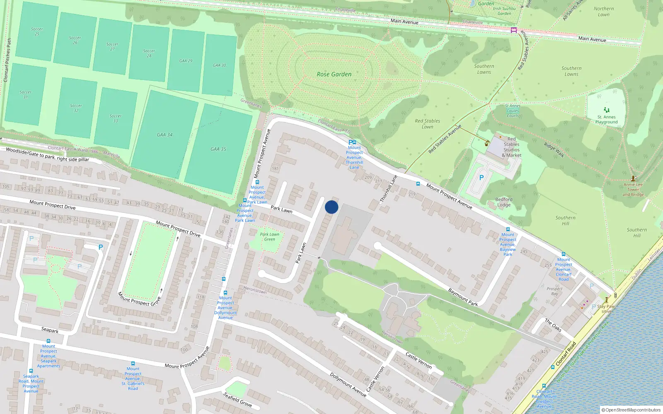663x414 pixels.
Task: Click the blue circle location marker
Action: (331, 207)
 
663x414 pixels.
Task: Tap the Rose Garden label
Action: (334, 75)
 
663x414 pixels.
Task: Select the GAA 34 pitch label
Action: (165, 135)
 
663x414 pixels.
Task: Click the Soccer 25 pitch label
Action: (37, 31)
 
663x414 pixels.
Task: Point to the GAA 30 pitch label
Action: (219, 65)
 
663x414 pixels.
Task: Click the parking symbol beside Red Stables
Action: (481, 178)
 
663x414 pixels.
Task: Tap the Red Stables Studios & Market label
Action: (511, 147)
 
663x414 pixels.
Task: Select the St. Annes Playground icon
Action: (607, 110)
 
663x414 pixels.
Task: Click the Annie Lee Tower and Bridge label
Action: (633, 190)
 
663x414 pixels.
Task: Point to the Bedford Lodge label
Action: (504, 202)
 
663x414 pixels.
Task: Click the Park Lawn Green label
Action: (269, 237)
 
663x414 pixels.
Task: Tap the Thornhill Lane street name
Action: (389, 189)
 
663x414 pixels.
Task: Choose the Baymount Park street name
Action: (463, 297)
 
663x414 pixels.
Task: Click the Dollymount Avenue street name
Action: (348, 385)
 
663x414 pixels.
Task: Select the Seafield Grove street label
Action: (237, 399)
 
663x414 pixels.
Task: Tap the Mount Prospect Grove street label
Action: (139, 299)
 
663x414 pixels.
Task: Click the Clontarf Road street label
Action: (566, 354)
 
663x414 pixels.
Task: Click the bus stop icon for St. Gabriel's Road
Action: (133, 363)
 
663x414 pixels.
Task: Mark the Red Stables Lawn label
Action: (427, 124)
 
